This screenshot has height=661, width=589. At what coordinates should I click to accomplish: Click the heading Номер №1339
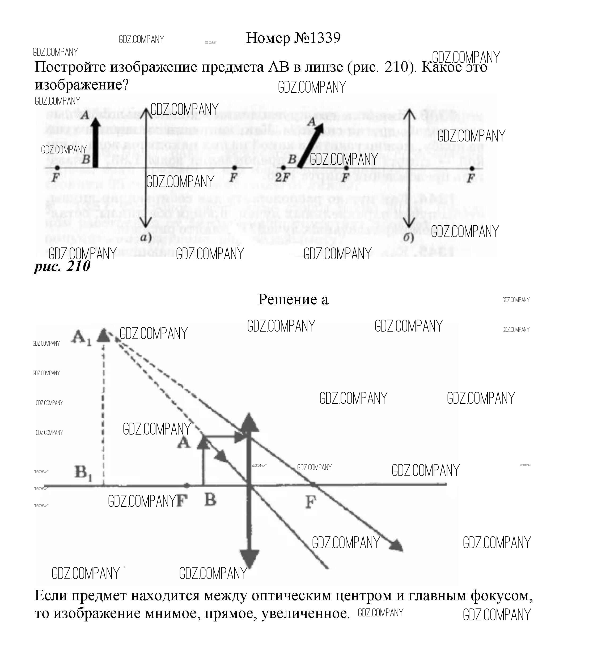click(x=293, y=38)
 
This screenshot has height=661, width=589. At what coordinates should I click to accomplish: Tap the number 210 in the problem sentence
click(x=397, y=67)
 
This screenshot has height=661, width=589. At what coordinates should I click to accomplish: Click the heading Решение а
click(x=293, y=299)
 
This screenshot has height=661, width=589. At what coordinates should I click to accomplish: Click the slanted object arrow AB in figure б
click(x=310, y=145)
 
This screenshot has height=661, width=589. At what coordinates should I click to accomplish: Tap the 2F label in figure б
click(x=282, y=177)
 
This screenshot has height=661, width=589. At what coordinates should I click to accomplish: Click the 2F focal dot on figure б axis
click(x=283, y=168)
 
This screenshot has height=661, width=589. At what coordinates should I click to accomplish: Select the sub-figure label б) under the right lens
click(x=408, y=238)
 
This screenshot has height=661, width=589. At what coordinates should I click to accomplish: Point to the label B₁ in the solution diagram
click(x=83, y=473)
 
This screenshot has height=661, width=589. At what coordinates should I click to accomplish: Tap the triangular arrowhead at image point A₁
click(x=104, y=335)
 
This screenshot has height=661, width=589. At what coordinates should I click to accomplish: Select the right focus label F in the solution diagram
click(x=311, y=502)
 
